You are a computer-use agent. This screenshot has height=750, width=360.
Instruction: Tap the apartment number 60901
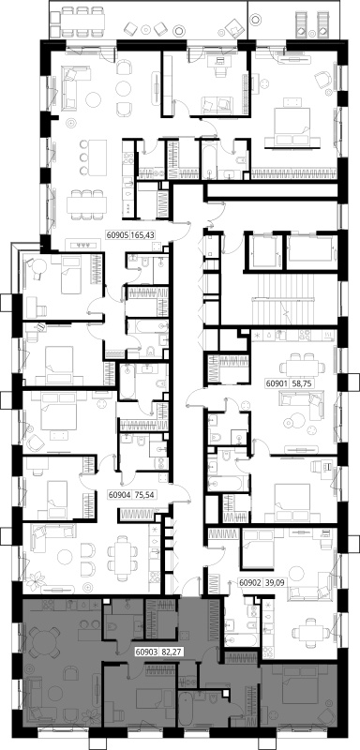pyautogui.click(x=275, y=383)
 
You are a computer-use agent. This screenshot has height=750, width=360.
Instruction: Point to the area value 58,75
pyautogui.click(x=296, y=383)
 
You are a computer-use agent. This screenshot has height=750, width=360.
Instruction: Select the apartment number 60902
pyautogui.click(x=248, y=583)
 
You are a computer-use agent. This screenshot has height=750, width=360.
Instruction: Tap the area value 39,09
pyautogui.click(x=269, y=583)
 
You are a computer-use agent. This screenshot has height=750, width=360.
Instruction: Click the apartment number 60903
pyautogui.click(x=145, y=651)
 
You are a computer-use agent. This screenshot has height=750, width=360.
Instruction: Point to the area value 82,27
pyautogui.click(x=166, y=651)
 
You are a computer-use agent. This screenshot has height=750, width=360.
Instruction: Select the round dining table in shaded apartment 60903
pyautogui.click(x=43, y=640)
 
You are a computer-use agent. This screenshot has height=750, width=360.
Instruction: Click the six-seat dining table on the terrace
pyautogui.click(x=82, y=21)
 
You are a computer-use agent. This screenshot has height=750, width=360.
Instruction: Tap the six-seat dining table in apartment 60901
pyautogui.click(x=302, y=367)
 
